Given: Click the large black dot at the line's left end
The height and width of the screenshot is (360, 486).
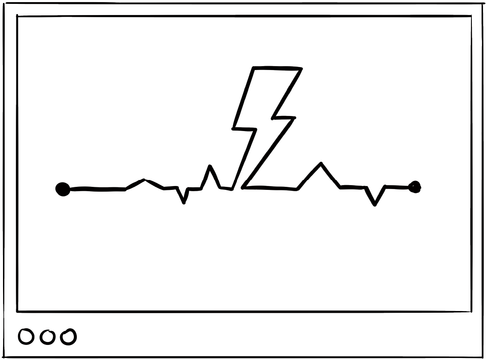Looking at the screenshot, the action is [x=63, y=189].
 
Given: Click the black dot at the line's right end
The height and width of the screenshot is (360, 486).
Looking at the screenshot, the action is [x=415, y=187].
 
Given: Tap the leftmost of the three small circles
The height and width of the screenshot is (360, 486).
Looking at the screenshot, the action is [x=26, y=337].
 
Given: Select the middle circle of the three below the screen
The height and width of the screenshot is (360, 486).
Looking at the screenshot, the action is [x=47, y=337].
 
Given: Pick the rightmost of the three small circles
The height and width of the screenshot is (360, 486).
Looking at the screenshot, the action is [x=68, y=337].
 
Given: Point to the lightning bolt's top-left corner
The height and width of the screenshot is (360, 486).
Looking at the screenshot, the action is [x=254, y=68].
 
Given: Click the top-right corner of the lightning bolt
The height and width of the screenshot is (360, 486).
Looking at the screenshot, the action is [x=301, y=68].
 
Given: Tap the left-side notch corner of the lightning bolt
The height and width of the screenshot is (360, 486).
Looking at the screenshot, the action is [x=234, y=128].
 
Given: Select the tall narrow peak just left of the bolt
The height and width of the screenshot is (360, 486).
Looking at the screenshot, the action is [x=210, y=166].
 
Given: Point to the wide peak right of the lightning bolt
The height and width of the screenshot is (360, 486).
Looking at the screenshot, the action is [x=320, y=163].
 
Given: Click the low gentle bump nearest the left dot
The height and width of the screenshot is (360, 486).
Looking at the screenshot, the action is [x=144, y=180].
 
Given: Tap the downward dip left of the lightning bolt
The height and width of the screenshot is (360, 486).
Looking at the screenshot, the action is [x=184, y=202].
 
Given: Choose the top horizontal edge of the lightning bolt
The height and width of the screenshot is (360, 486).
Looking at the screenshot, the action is [x=277, y=68].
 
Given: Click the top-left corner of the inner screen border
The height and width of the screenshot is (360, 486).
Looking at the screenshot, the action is [x=17, y=16].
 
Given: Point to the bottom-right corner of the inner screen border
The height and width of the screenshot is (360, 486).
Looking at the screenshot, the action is [x=471, y=311].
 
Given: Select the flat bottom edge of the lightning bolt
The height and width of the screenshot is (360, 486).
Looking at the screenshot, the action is [x=270, y=188].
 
